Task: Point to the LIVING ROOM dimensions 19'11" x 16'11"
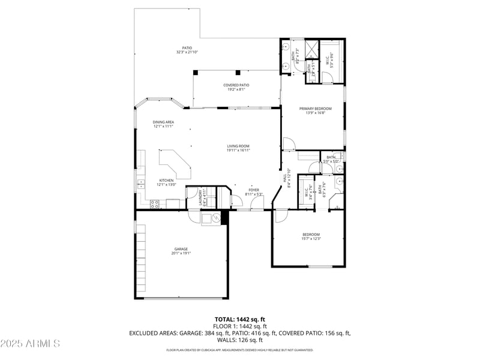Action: (238, 151)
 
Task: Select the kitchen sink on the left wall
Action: (140, 183)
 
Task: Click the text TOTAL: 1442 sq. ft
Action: (240, 319)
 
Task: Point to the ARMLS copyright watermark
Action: (30, 343)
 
